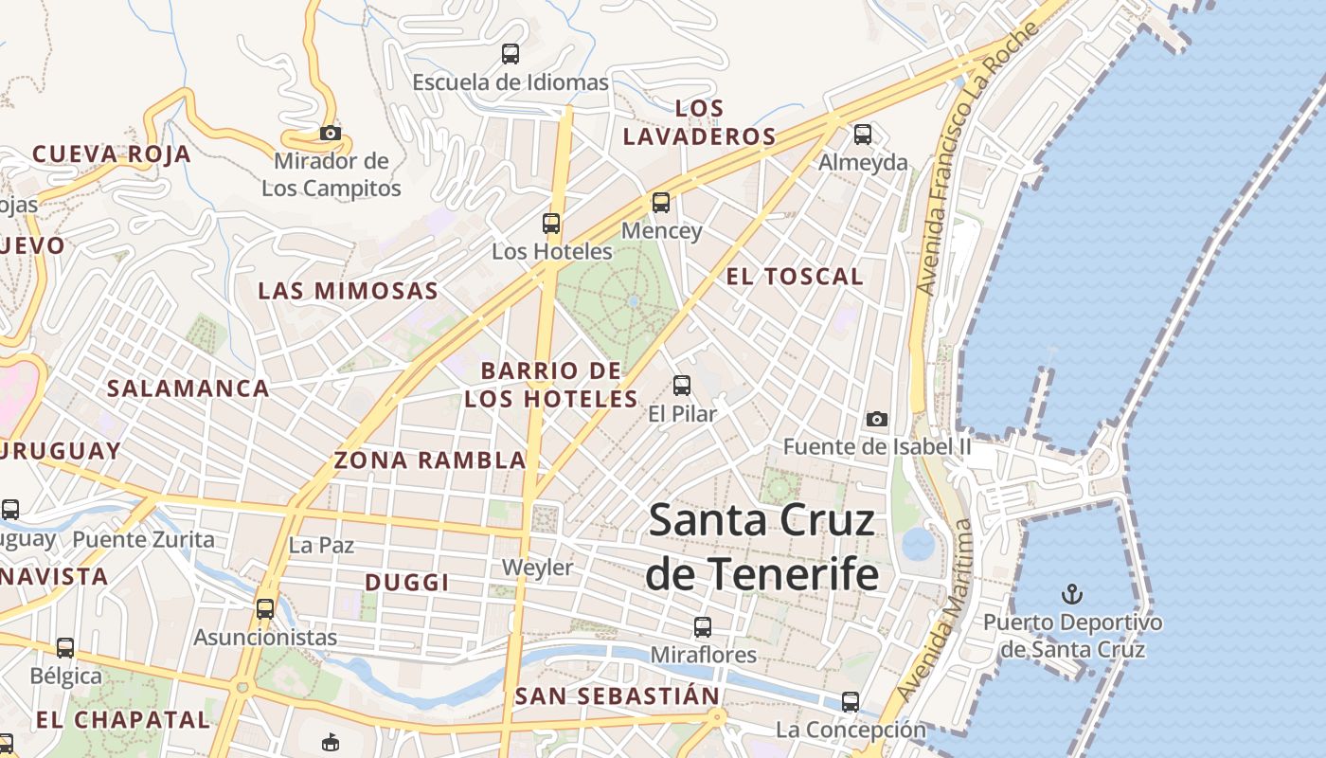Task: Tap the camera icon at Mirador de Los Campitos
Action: (330, 134)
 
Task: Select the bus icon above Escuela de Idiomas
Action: (511, 54)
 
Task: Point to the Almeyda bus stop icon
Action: (863, 135)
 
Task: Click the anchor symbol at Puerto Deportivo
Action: (1072, 595)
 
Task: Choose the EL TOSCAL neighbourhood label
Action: (795, 277)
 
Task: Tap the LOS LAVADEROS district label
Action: (700, 122)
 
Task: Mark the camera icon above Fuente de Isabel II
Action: (877, 419)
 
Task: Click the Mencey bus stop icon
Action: (661, 203)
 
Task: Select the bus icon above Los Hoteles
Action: (551, 224)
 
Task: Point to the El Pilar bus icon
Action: (682, 386)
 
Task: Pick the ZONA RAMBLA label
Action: (429, 460)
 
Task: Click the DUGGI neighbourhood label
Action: (406, 583)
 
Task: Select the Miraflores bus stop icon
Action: (703, 627)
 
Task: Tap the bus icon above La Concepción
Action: (851, 702)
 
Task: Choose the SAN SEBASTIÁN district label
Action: (618, 696)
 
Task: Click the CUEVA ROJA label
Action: (112, 154)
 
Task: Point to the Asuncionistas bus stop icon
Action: (265, 609)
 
